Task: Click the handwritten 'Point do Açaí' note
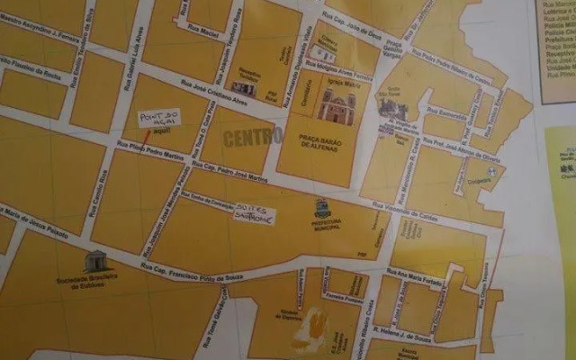(158, 120)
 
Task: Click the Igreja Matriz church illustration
(336, 106)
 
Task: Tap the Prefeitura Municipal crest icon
(323, 208)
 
